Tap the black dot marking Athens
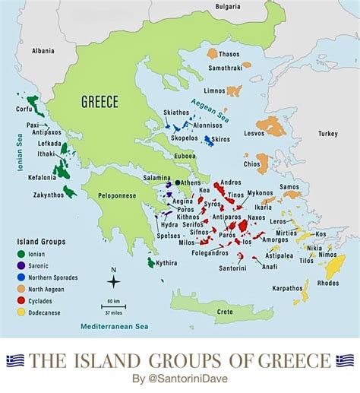click(x=178, y=182)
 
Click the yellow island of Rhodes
click(x=334, y=268)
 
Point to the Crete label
click(x=225, y=312)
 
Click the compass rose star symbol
click(x=113, y=282)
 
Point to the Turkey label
click(x=327, y=134)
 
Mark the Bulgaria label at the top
click(x=227, y=7)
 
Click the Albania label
click(x=43, y=51)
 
